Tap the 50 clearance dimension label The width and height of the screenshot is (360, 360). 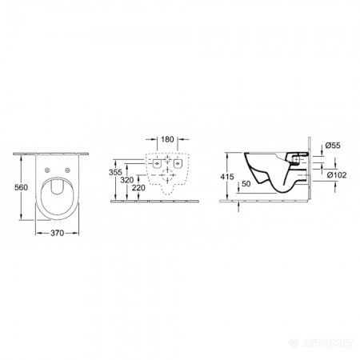pos(246,183)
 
